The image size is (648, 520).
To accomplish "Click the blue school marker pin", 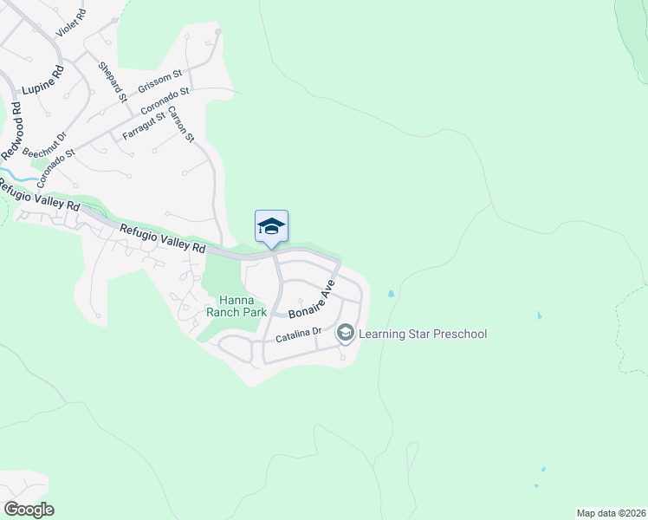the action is click(271, 227).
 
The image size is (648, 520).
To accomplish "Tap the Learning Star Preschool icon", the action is click(345, 333).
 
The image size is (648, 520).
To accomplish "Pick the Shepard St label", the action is click(113, 80).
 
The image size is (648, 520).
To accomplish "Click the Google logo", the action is click(29, 510).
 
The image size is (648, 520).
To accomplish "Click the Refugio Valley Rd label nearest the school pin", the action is click(162, 238).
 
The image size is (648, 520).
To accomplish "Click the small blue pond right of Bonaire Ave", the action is click(392, 294).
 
